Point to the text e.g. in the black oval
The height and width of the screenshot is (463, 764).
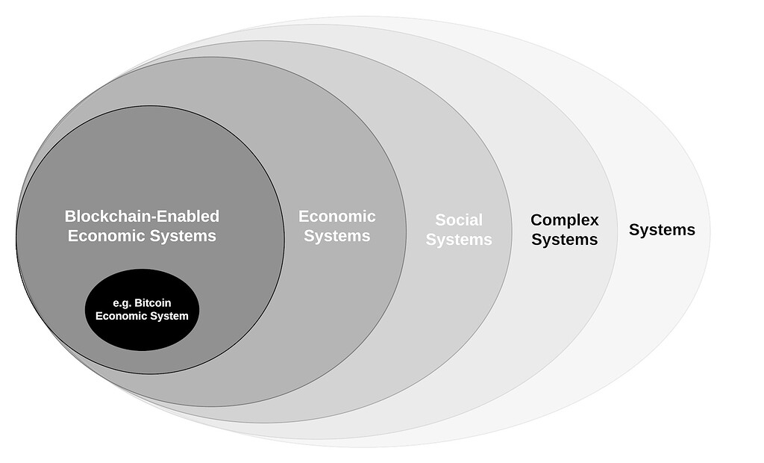click(x=122, y=303)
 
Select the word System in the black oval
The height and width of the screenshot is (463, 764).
click(x=170, y=316)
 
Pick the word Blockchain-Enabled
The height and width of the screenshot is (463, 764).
click(x=142, y=217)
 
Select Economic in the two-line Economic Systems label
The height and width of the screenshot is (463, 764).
click(x=337, y=217)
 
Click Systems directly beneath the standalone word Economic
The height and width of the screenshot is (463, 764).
click(x=337, y=236)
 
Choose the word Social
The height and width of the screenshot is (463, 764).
click(x=459, y=220)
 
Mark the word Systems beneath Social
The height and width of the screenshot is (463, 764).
click(x=459, y=240)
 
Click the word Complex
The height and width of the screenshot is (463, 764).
click(x=565, y=220)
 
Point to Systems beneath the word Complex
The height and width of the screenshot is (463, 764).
click(x=565, y=240)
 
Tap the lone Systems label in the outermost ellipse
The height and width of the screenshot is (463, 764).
click(x=662, y=230)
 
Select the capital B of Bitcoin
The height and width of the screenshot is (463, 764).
click(x=138, y=303)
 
